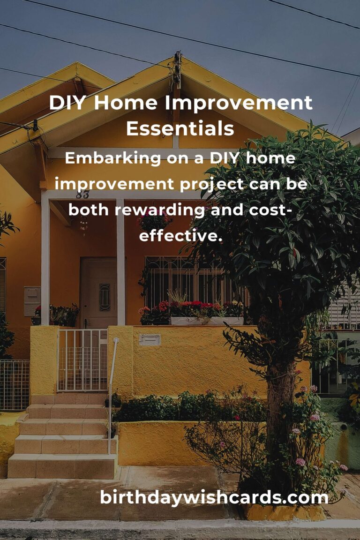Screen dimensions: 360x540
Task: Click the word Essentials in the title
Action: click(x=180, y=128)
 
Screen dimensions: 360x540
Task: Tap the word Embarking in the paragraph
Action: click(x=112, y=159)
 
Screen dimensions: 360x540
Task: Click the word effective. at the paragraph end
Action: click(x=179, y=236)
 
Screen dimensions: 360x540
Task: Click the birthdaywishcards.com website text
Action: click(x=214, y=498)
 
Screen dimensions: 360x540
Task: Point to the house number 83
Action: click(x=82, y=195)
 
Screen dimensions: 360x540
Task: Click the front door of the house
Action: click(x=99, y=292)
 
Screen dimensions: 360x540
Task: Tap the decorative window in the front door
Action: click(x=105, y=297)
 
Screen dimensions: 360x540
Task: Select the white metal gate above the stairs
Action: click(x=82, y=360)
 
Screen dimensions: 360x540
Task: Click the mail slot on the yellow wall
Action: click(x=150, y=339)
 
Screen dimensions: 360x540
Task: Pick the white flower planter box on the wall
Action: click(x=207, y=321)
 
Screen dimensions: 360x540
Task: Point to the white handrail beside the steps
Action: click(x=112, y=396)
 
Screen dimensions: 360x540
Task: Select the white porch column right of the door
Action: click(x=120, y=262)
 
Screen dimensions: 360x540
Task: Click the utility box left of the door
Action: click(x=32, y=301)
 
